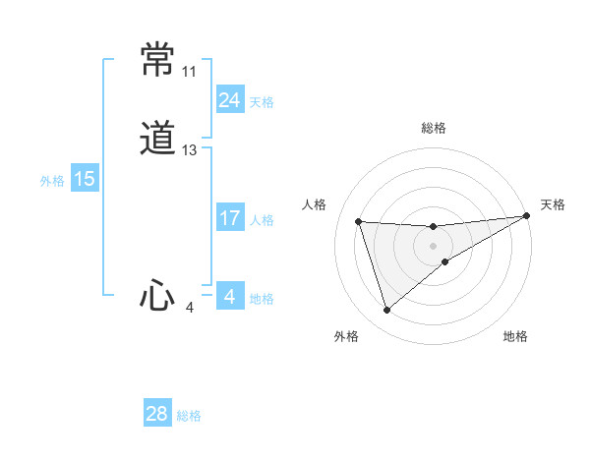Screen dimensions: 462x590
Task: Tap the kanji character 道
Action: (x=158, y=139)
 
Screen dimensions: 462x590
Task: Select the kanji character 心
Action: (x=157, y=295)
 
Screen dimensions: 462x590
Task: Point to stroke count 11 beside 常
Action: (x=189, y=72)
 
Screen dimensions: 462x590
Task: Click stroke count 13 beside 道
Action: (x=190, y=150)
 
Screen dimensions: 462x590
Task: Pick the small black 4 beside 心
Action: (x=190, y=308)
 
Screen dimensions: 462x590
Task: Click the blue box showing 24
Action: (x=229, y=100)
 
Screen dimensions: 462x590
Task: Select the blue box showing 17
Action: (x=229, y=218)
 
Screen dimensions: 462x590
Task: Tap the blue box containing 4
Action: (x=229, y=297)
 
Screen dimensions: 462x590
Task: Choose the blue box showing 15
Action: (x=84, y=179)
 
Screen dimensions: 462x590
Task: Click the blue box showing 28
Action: (x=157, y=414)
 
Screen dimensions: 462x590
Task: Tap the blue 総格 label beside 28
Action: (x=189, y=416)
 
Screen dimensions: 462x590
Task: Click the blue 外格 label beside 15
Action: (x=51, y=180)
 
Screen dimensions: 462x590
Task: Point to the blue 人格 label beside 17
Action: (x=263, y=220)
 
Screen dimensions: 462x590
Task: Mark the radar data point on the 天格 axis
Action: (x=527, y=216)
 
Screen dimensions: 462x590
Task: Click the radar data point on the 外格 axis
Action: (x=386, y=311)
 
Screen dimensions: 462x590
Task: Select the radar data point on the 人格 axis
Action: (x=359, y=221)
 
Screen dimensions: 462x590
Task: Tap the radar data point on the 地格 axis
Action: (x=445, y=260)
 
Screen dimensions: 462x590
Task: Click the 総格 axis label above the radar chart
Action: (x=434, y=128)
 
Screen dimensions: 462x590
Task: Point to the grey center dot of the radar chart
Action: (x=434, y=246)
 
